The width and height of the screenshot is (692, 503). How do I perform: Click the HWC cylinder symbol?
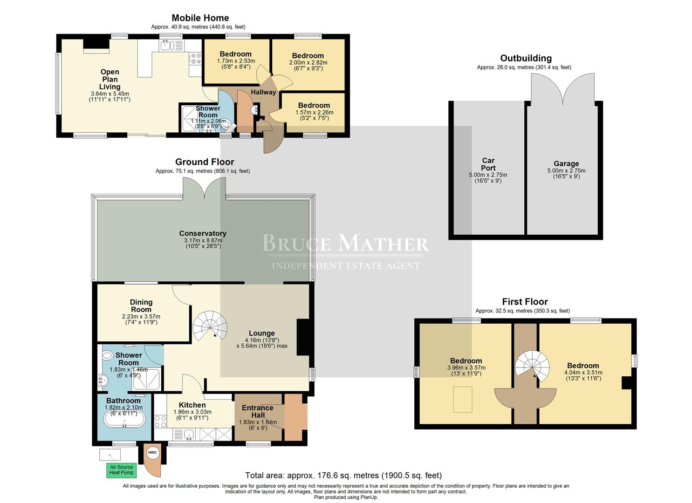(152, 453)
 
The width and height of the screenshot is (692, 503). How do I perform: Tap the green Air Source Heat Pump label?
(122, 470)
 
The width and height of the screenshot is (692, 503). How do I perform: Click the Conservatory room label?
(203, 233)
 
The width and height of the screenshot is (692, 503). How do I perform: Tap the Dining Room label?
(141, 306)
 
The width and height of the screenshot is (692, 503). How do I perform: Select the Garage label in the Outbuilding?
(566, 163)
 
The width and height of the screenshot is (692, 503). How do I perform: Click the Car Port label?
(488, 164)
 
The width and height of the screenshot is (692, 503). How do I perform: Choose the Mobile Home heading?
(200, 18)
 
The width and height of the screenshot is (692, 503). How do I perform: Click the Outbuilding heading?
(526, 58)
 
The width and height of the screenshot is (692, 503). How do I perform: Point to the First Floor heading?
(525, 301)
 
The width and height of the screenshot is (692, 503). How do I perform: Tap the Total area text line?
(343, 475)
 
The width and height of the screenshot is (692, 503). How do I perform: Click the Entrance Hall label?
(258, 412)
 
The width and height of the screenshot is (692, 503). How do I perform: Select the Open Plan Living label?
(110, 79)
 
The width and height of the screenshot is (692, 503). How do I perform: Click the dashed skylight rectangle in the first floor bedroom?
(462, 399)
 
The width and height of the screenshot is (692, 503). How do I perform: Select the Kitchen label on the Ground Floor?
(192, 405)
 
